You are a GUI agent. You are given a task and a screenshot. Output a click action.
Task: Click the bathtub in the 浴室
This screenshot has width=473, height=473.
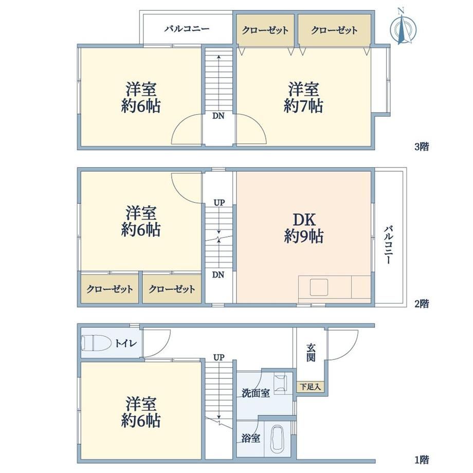[277, 439]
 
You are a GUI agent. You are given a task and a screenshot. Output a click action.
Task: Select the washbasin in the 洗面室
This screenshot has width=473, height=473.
[281, 383]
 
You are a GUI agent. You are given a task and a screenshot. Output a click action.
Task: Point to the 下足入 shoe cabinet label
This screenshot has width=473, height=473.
[311, 387]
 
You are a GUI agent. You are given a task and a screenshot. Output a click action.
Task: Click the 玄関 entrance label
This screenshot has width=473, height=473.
[311, 353]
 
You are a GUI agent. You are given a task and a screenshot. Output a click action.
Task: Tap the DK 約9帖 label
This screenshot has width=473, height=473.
[304, 228]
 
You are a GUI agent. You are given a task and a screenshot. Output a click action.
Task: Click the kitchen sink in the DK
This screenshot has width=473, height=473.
[319, 287]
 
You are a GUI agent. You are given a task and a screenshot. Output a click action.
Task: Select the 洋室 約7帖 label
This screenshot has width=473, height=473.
[303, 98]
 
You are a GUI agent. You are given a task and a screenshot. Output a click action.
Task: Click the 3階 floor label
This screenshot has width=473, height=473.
[422, 147]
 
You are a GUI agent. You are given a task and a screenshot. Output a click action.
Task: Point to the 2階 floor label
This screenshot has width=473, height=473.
[422, 304]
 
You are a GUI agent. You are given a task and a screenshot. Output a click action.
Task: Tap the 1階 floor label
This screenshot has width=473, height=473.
[422, 460]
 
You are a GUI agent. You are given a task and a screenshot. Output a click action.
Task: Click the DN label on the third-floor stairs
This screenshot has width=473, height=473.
[219, 116]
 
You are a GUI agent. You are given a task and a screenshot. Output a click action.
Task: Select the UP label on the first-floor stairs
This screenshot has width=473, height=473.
[219, 357]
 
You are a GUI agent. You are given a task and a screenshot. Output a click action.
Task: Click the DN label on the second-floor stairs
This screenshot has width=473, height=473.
[219, 275]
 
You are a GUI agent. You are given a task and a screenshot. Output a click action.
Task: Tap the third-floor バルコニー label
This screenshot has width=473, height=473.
[187, 29]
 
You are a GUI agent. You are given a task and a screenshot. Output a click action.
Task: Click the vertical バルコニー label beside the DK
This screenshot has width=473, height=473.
[388, 245]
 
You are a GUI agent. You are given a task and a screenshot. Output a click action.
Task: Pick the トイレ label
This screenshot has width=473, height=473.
[126, 343]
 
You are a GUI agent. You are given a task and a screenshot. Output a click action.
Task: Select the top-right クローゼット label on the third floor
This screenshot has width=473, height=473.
[334, 30]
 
